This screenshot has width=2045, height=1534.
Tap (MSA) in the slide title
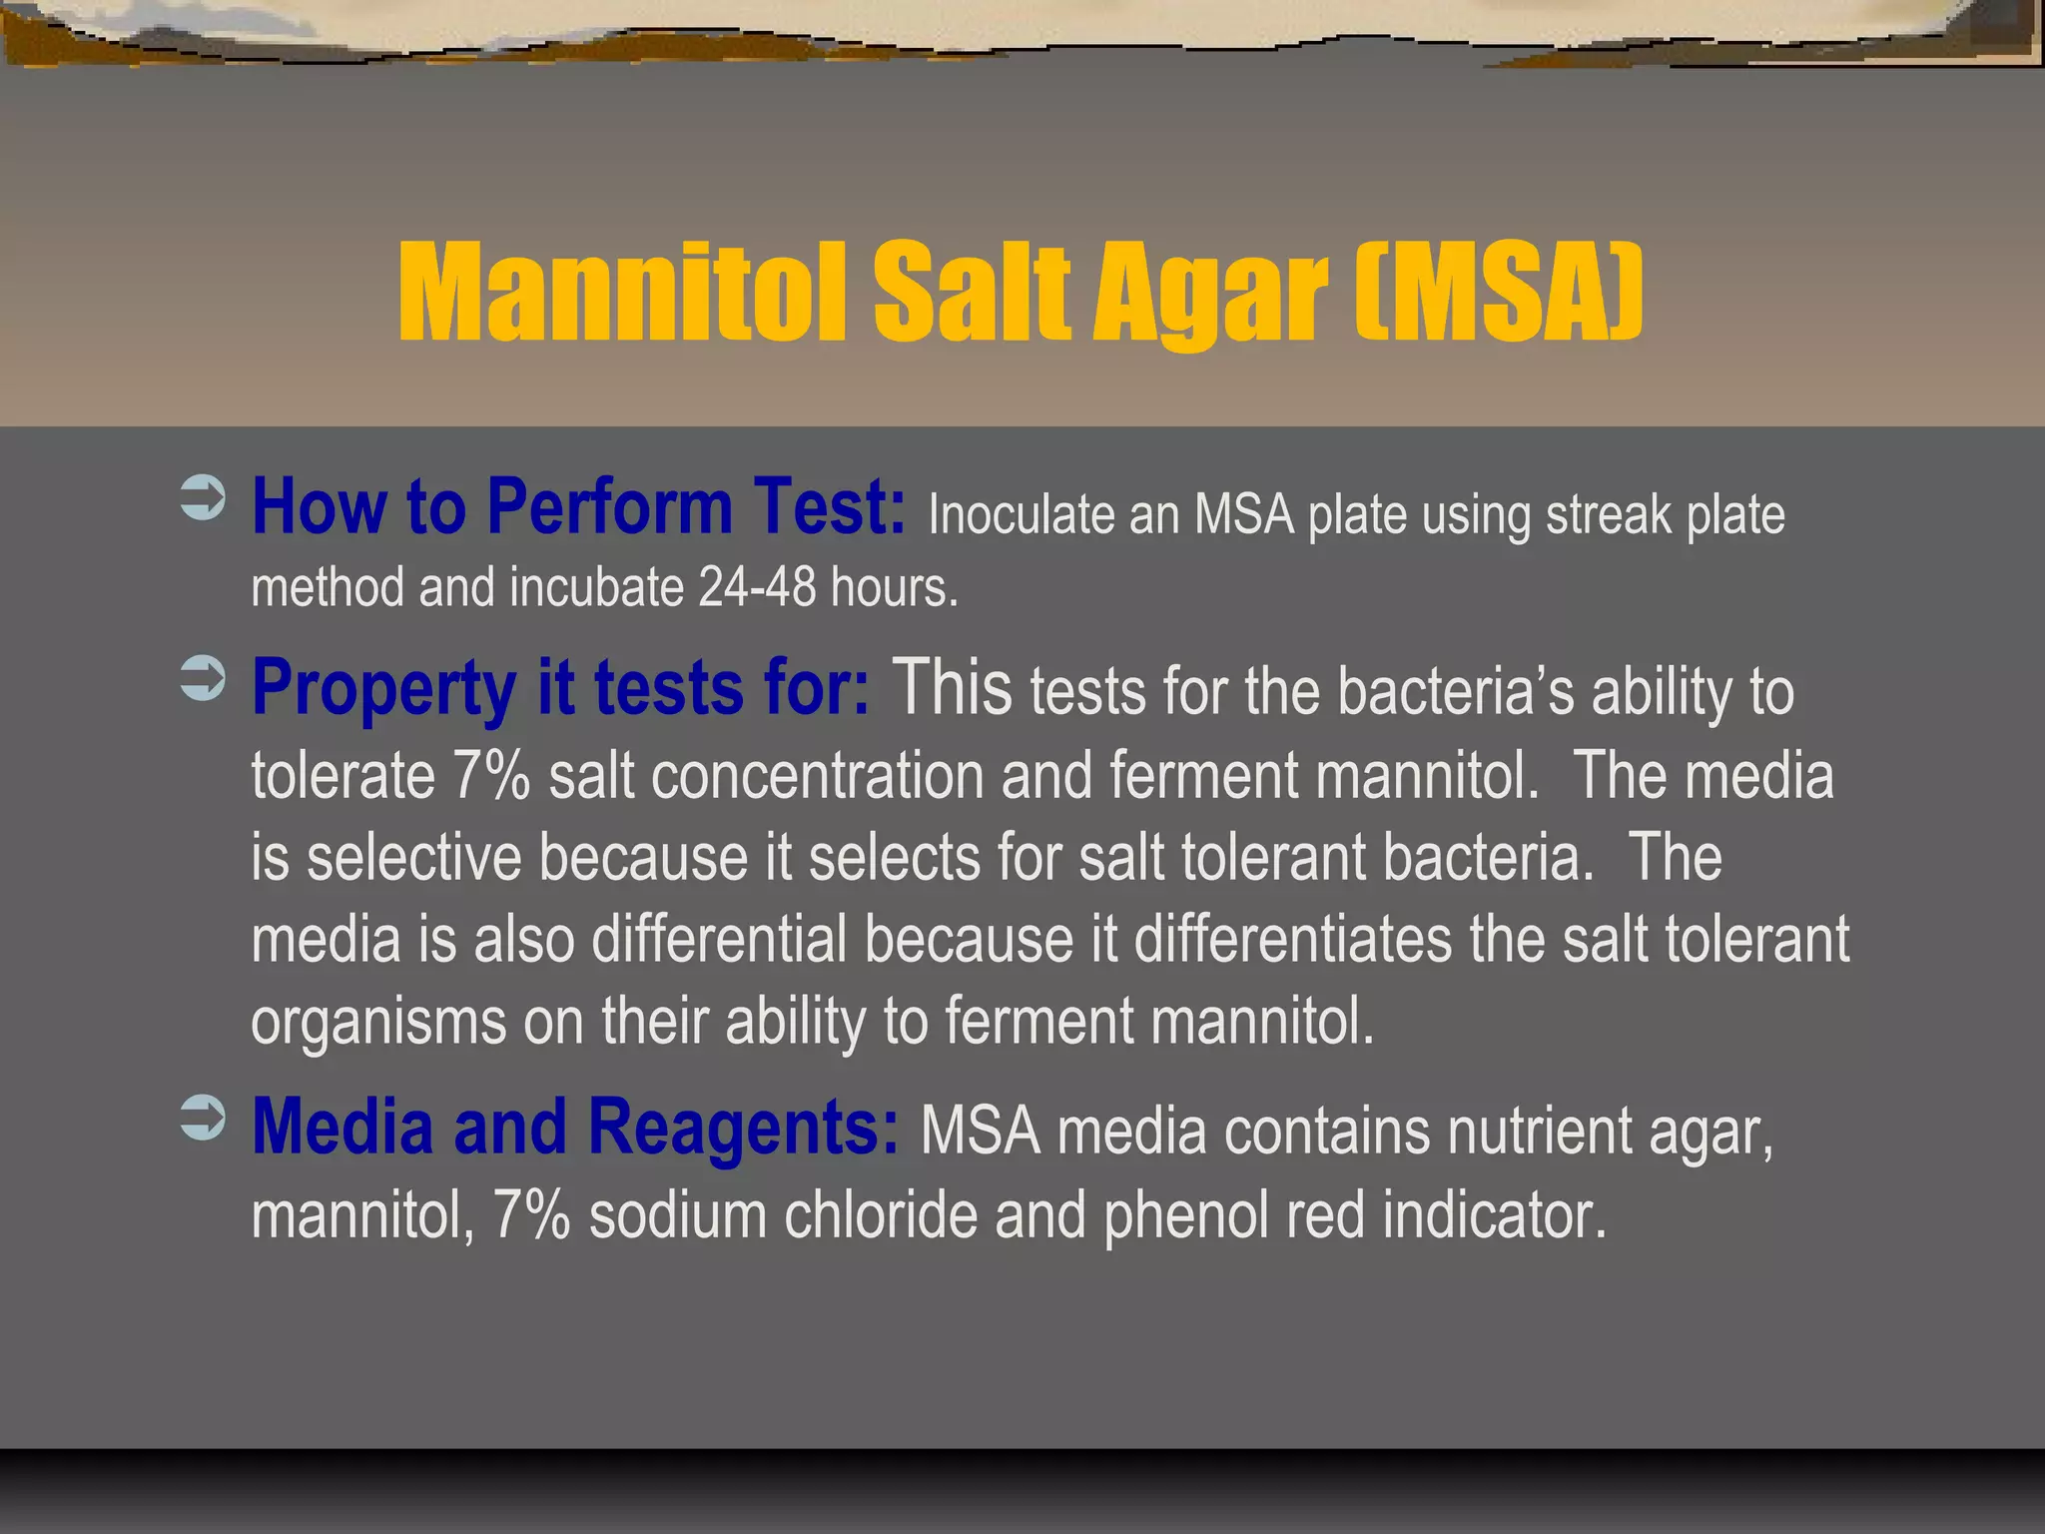1498,292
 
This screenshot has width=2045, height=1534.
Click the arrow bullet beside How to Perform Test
203,498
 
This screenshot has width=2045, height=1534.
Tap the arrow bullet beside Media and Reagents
203,1118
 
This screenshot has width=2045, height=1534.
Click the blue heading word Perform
609,507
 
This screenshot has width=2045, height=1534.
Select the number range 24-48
757,587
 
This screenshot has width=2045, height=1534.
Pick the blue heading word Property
383,689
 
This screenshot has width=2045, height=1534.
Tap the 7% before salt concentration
490,776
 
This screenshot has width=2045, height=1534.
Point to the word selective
413,858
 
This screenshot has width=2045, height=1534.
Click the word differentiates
1292,940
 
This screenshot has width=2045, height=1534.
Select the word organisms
378,1023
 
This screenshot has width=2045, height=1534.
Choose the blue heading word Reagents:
743,1129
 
